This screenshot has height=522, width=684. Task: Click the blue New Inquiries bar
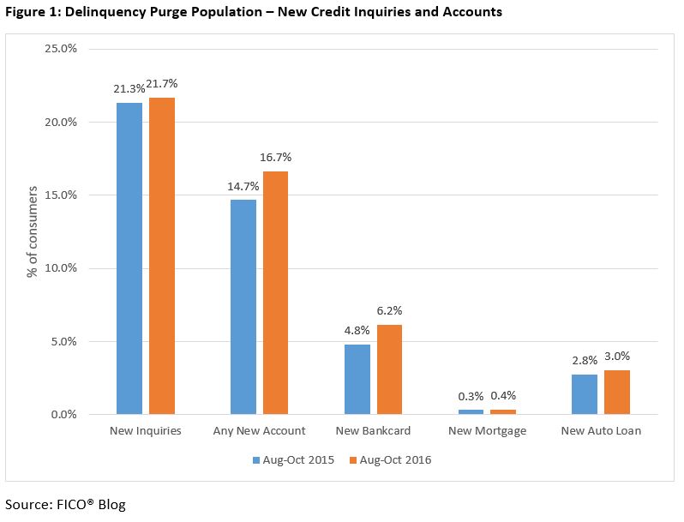[129, 258]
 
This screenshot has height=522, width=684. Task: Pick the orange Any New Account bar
[276, 292]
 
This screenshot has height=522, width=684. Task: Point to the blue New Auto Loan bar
[585, 394]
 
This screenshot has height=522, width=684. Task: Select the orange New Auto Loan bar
[617, 393]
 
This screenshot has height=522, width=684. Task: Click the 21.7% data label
[162, 83]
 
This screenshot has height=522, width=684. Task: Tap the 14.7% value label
[243, 185]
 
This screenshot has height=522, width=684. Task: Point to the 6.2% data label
[389, 310]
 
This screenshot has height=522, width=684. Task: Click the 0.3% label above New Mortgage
[471, 396]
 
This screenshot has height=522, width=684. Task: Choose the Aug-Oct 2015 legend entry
[292, 460]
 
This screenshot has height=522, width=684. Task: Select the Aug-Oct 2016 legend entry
[390, 460]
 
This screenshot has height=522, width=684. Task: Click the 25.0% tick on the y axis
[60, 49]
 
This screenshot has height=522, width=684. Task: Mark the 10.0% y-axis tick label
[60, 268]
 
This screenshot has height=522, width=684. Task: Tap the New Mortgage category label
[486, 431]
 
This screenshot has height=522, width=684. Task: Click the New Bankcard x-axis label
[373, 431]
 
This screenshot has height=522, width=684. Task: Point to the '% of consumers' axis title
[33, 231]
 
